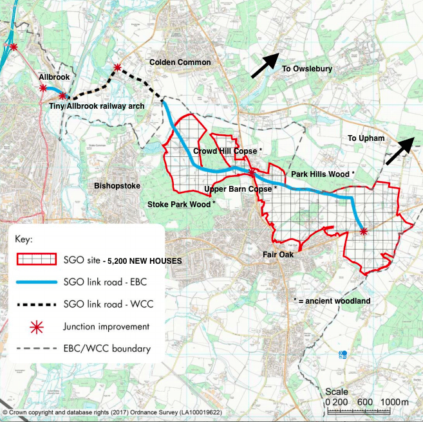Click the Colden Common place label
(x=180, y=62)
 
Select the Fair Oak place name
(x=278, y=255)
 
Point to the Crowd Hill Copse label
(x=228, y=151)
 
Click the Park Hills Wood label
(x=323, y=174)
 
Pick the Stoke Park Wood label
(x=182, y=204)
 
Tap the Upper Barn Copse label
(x=240, y=189)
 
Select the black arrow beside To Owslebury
(x=265, y=66)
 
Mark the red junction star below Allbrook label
(x=42, y=88)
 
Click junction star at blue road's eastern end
(x=363, y=231)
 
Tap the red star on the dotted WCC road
(x=117, y=68)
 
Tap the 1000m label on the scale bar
(x=395, y=402)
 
